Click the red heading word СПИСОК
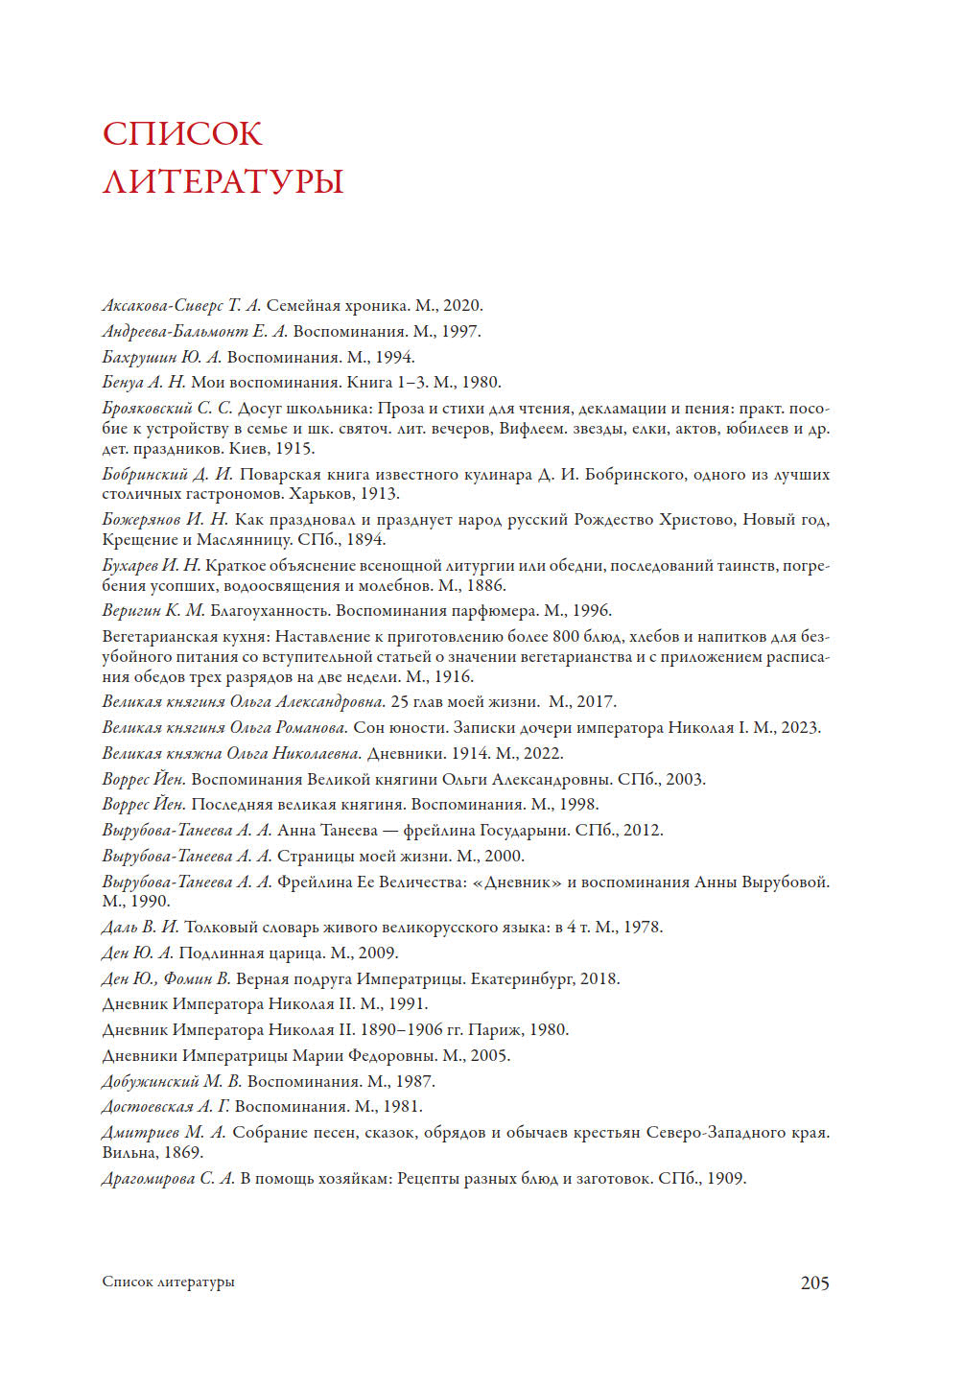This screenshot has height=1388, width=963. [x=182, y=133]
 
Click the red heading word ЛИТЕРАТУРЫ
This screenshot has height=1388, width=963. [x=223, y=181]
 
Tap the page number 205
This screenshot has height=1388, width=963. [x=814, y=1282]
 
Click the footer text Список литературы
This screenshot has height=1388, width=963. [x=168, y=1282]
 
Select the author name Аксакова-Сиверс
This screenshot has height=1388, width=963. [x=162, y=306]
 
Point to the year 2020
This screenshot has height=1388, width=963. [x=462, y=306]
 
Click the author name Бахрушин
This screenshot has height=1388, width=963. [x=139, y=357]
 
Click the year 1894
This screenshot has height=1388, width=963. [x=365, y=539]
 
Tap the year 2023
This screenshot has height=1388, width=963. [x=800, y=727]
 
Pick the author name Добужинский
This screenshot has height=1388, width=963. [x=150, y=1081]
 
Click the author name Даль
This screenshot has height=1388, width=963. [x=119, y=927]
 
